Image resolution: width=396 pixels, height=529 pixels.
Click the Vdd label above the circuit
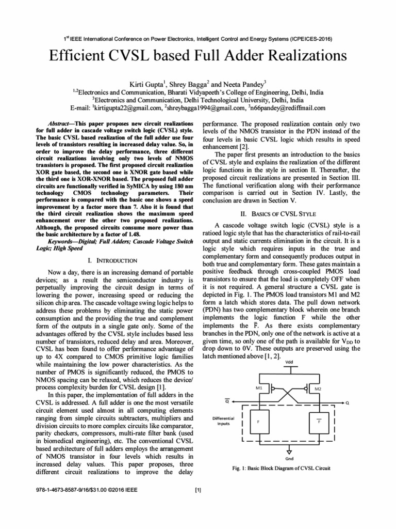[x=289, y=362]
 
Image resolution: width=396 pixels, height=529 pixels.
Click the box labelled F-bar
[x=319, y=422]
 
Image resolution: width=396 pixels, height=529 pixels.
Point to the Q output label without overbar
[x=347, y=402]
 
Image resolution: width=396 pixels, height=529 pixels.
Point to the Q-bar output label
[x=227, y=401]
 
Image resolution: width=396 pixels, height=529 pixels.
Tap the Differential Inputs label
[x=223, y=421]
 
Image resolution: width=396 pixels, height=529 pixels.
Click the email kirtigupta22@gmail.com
[x=127, y=108]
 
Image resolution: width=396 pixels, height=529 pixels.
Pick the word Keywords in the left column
[x=62, y=241]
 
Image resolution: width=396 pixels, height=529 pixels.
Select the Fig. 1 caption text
[x=281, y=469]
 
